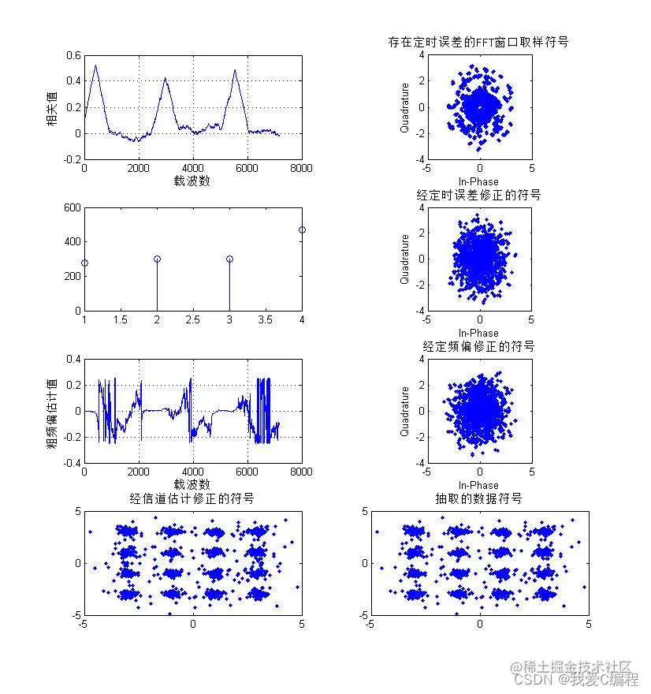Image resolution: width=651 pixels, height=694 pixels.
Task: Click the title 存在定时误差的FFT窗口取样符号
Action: [x=478, y=42]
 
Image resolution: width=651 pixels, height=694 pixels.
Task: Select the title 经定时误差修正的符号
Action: [x=478, y=194]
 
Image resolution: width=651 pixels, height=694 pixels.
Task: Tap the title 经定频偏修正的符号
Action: [x=478, y=346]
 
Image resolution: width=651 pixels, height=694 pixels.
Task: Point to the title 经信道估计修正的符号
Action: [x=192, y=498]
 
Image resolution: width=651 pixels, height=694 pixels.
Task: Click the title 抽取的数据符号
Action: [x=478, y=498]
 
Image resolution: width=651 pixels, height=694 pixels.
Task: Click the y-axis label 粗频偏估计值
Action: [x=52, y=411]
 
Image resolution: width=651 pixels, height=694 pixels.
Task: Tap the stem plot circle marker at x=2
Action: [x=157, y=259]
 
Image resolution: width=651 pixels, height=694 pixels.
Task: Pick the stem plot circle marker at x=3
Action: [x=229, y=259]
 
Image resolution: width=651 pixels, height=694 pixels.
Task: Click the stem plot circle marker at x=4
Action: [x=302, y=229]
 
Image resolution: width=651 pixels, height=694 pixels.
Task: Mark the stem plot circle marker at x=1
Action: [x=84, y=263]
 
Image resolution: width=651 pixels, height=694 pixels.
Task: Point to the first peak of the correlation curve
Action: [x=96, y=65]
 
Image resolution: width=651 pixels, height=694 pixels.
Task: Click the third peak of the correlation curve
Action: [x=235, y=71]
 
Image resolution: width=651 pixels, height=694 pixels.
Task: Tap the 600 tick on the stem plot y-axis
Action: [x=72, y=207]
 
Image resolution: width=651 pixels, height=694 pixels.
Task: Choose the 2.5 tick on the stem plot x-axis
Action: [x=193, y=319]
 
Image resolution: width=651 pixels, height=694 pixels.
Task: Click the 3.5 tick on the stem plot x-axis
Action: [x=266, y=319]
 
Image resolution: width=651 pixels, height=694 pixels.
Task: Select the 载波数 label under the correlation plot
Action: [x=192, y=181]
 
